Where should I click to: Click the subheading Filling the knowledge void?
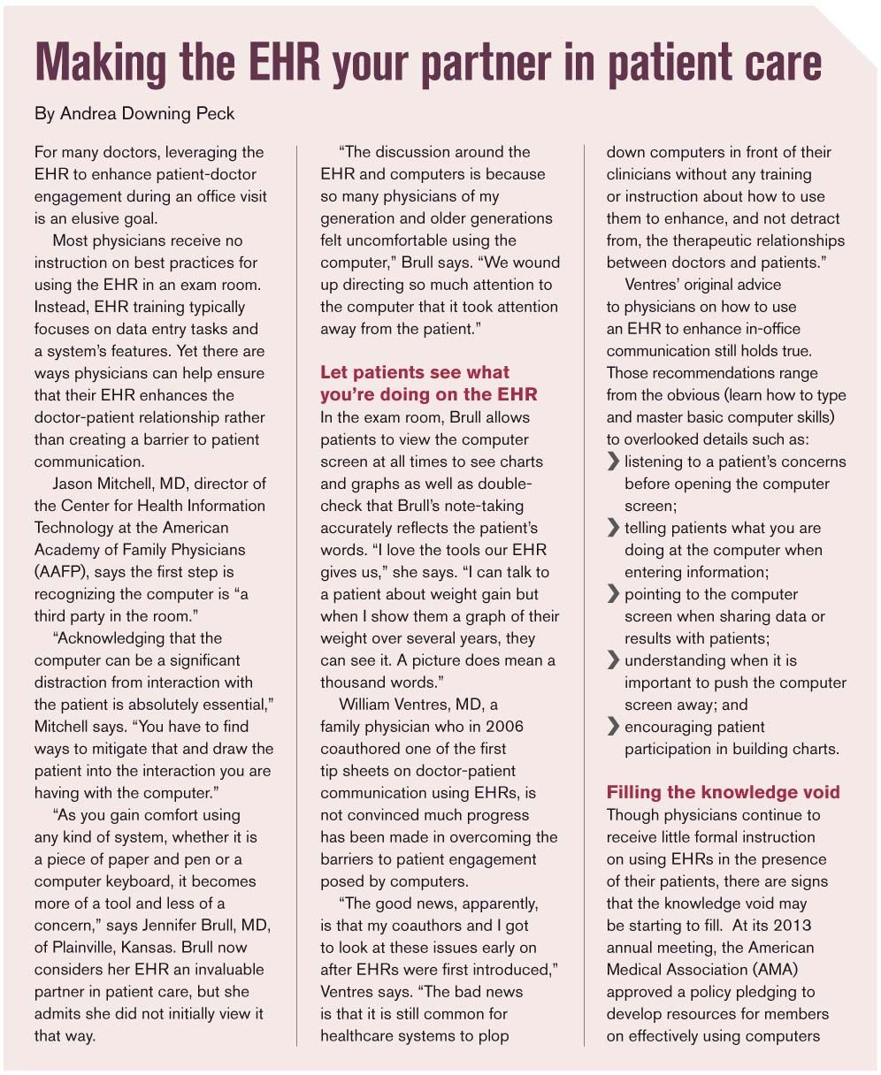(x=723, y=792)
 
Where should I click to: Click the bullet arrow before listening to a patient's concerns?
(x=613, y=461)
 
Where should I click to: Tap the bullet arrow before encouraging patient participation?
(x=613, y=728)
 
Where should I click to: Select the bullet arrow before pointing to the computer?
(x=613, y=595)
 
